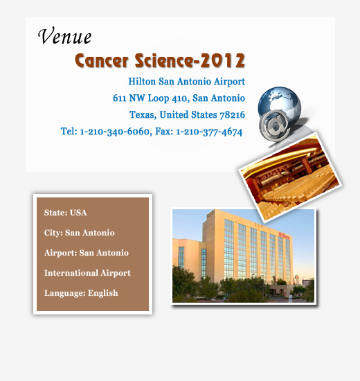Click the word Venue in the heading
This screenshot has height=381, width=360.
click(x=64, y=36)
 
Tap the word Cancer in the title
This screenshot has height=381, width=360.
click(x=102, y=61)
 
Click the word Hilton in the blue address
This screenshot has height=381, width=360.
click(x=142, y=82)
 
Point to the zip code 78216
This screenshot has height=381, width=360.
click(x=232, y=115)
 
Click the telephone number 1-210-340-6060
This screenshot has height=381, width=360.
click(x=115, y=132)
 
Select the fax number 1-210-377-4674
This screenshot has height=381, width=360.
click(x=209, y=132)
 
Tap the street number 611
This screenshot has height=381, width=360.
click(x=119, y=98)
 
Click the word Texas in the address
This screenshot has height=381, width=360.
click(x=143, y=115)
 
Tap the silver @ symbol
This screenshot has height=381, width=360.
click(x=274, y=125)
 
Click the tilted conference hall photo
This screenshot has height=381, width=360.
click(x=290, y=177)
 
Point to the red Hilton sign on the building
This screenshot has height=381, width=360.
click(x=284, y=236)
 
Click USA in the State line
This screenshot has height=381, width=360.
click(x=78, y=213)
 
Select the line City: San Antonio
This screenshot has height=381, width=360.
click(x=79, y=233)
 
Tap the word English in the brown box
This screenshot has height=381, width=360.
click(x=102, y=293)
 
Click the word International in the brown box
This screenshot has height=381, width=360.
click(x=71, y=273)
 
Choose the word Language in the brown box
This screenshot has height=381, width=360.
click(x=64, y=293)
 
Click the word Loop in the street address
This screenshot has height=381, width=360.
click(x=159, y=98)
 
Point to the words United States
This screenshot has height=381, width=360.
click(x=188, y=115)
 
